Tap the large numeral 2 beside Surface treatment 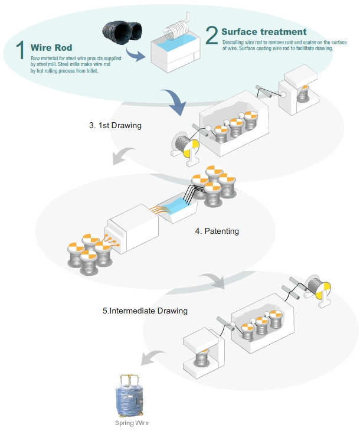(x=212, y=36)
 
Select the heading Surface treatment (x=264, y=31)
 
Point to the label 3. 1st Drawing (x=115, y=125)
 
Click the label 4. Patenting (x=217, y=231)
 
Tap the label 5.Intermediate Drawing (x=145, y=311)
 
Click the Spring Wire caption (x=132, y=423)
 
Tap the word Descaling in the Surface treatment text (x=234, y=43)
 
